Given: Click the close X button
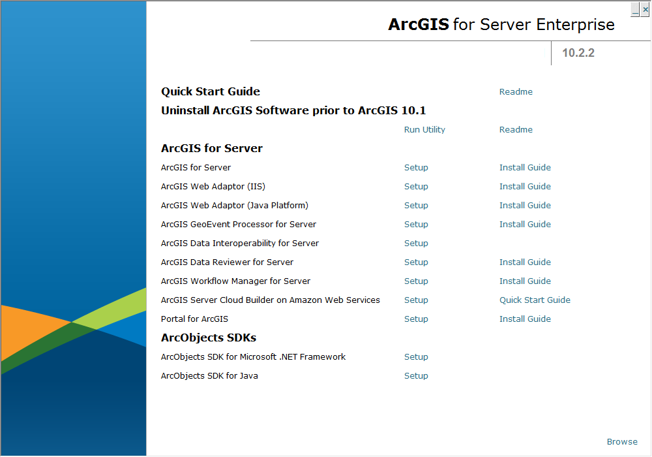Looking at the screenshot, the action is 645,9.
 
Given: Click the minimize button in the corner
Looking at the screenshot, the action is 635,9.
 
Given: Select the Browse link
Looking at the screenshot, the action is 622,441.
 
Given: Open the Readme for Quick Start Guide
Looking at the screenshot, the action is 516,91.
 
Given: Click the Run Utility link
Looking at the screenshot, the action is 424,129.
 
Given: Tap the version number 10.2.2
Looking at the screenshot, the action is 578,53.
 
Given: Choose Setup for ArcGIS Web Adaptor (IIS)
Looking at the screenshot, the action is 416,187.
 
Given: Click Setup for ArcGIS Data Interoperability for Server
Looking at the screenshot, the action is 416,243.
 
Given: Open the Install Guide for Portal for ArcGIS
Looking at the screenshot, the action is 525,319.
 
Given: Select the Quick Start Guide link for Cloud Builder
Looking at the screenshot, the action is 535,300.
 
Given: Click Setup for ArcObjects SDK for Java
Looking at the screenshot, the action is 416,376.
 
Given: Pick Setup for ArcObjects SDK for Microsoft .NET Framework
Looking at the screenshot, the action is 416,356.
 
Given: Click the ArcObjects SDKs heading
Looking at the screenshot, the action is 209,338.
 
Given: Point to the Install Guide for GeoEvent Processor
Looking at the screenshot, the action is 525,225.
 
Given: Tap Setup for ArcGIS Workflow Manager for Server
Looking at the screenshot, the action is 416,281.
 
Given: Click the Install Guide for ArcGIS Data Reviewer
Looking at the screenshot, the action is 525,262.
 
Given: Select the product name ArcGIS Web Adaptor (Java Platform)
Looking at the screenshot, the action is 235,205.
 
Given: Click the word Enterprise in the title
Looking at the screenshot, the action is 576,25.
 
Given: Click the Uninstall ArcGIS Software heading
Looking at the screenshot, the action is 293,110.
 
